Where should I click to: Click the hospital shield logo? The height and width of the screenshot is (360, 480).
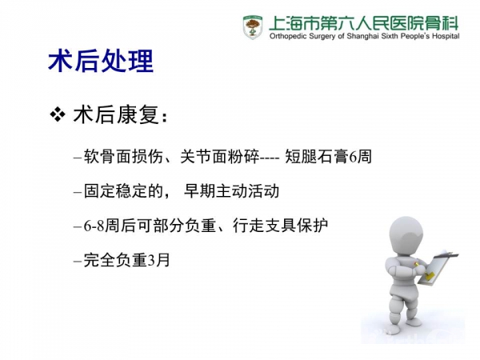(x=253, y=27)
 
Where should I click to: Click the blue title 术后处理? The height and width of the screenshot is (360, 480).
(x=101, y=62)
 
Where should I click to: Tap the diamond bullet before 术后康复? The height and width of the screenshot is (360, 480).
(x=58, y=114)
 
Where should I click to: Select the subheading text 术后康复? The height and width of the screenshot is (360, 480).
(x=116, y=115)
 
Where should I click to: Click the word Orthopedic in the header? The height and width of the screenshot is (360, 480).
(x=288, y=37)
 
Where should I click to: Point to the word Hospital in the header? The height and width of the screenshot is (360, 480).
(x=446, y=37)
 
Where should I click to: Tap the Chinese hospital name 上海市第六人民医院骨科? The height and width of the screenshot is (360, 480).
(x=364, y=23)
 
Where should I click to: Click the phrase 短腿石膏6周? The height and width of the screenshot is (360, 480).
(x=328, y=157)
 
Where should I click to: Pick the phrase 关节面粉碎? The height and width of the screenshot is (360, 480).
(x=219, y=157)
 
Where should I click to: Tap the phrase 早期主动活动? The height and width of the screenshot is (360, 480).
(x=231, y=191)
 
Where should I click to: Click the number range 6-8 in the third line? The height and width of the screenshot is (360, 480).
(x=94, y=226)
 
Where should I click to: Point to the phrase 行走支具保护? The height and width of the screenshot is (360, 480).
(x=280, y=226)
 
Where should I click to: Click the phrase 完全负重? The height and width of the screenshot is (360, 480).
(x=115, y=261)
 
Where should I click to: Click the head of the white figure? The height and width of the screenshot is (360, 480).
(x=406, y=236)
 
